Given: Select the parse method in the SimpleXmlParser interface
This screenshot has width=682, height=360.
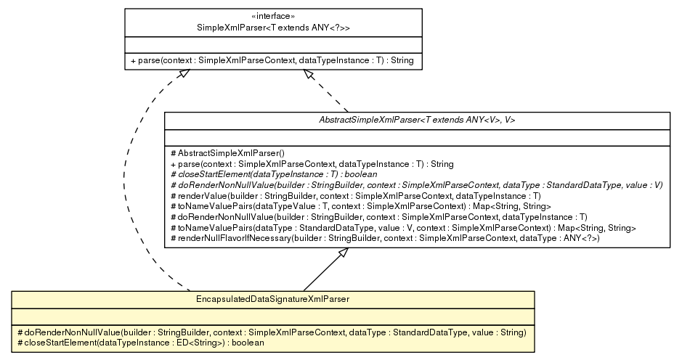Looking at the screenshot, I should pyautogui.click(x=272, y=60).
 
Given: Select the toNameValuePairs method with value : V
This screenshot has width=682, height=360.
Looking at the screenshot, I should pyautogui.click(x=402, y=228).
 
